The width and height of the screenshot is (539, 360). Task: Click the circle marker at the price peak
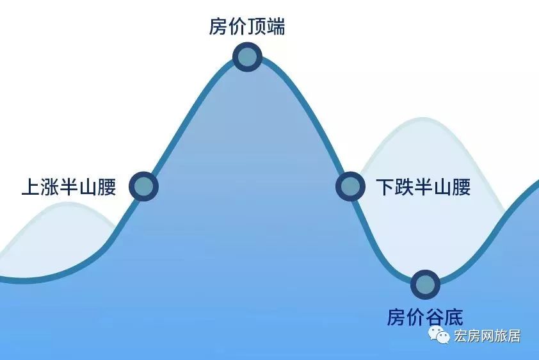(248, 57)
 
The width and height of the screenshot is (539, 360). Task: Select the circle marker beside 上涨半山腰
(143, 186)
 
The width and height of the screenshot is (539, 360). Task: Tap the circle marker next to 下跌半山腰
(350, 186)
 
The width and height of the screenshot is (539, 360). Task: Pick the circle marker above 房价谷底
(426, 284)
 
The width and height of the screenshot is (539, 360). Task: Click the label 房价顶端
(247, 26)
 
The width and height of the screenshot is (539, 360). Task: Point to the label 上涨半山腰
(68, 187)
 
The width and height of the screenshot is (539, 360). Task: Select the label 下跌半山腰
(423, 187)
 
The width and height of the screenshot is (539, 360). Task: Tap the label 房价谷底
(425, 316)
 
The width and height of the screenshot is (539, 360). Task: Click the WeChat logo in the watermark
(438, 335)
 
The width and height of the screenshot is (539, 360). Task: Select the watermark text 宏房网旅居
(487, 336)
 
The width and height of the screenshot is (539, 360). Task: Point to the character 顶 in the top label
(257, 26)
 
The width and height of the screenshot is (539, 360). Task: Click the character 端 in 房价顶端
(276, 26)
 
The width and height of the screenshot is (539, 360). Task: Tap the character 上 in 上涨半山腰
(31, 187)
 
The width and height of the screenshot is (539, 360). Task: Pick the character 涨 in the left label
(50, 187)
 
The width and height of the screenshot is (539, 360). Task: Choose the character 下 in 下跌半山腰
(385, 187)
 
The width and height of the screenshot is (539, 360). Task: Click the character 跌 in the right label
(405, 187)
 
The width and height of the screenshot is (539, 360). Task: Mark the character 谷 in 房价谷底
(435, 316)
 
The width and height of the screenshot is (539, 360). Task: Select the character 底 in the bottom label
(454, 316)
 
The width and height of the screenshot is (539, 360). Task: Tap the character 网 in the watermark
(487, 336)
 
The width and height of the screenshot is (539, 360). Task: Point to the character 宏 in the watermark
(461, 336)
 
